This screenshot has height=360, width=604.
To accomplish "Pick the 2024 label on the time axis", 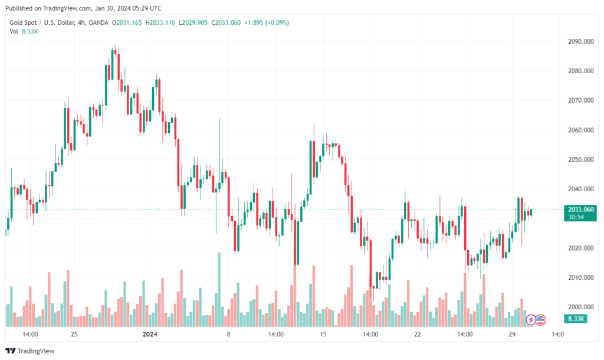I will tap(150, 334).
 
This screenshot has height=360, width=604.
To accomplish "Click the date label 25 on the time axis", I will tap(74, 334).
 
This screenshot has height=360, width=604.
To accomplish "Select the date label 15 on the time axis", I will tap(323, 334).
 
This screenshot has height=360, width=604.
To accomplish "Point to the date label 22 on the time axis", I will tap(418, 334).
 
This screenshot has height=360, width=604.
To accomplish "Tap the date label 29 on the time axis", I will tap(512, 334).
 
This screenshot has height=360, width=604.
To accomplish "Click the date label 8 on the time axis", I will tap(228, 334).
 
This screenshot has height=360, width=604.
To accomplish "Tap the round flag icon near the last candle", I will tap(541, 320).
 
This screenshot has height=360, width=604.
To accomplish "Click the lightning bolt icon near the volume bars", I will tap(530, 320).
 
